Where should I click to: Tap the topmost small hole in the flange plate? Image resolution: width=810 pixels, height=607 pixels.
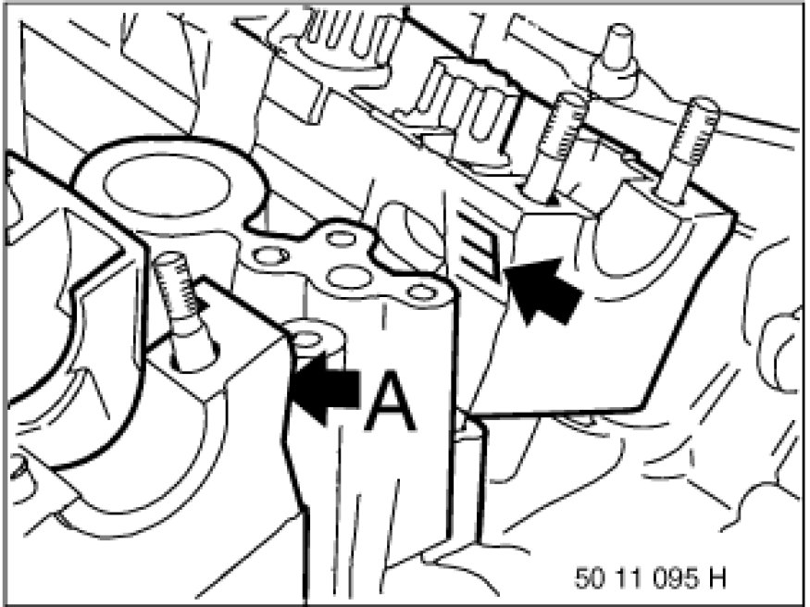click(342, 239)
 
